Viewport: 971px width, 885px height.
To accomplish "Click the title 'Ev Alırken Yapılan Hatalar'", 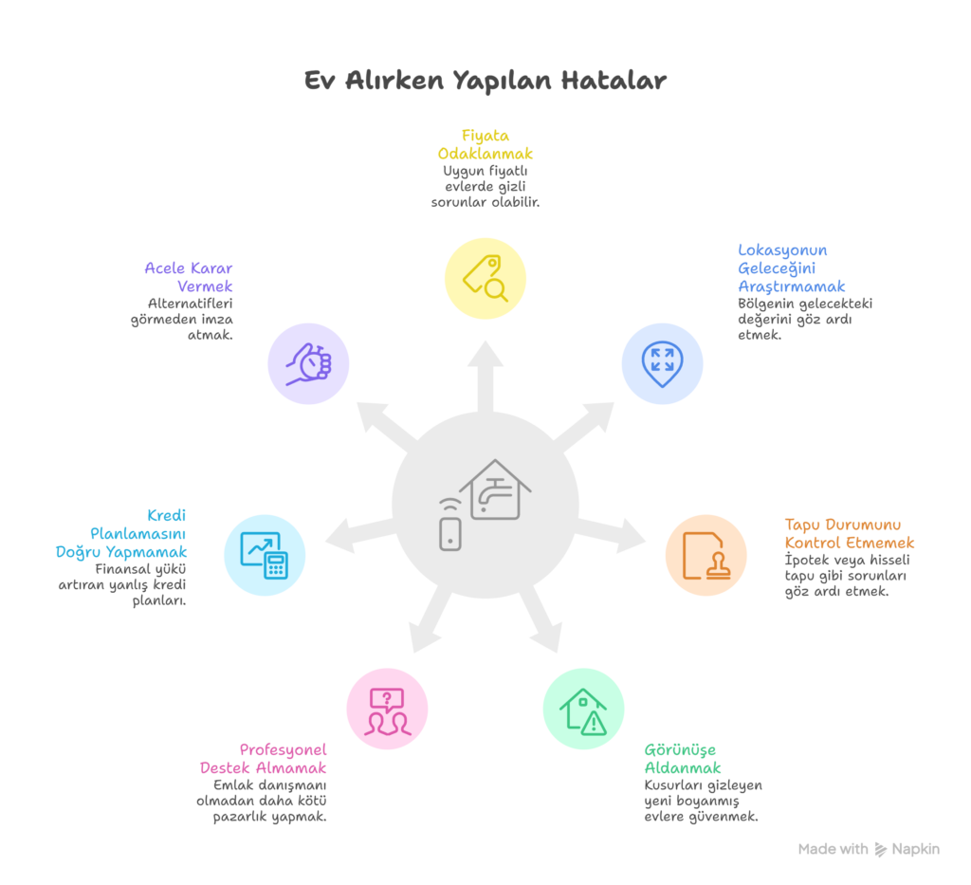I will [485, 81].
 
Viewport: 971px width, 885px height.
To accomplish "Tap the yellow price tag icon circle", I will [485, 278].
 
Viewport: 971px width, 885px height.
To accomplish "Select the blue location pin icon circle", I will [662, 363].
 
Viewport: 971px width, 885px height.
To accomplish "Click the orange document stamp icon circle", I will [705, 555].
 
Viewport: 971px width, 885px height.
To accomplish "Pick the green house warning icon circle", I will [583, 709].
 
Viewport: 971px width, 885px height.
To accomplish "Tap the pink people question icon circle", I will [387, 709].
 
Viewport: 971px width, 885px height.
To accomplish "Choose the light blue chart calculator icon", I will [265, 555].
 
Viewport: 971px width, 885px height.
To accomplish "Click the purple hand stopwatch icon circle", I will [308, 363].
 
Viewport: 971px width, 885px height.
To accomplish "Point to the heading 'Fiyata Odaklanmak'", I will [485, 144].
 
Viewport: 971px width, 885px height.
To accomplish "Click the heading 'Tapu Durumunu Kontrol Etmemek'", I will [849, 533].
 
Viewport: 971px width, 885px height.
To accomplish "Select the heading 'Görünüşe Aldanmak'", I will [682, 758].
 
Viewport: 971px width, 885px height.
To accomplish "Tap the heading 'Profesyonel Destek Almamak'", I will [265, 758].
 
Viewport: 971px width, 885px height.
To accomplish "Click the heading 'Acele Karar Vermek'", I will [190, 276].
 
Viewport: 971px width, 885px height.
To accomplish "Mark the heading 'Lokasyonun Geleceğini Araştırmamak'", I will [792, 267].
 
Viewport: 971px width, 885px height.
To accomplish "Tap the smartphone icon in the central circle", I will [450, 530].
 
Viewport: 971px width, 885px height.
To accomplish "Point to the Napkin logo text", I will [915, 849].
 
